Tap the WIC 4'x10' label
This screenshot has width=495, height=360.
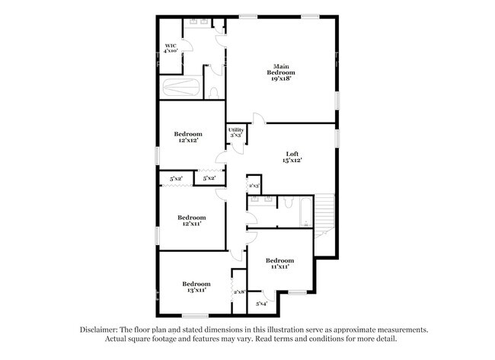pyautogui.click(x=171, y=49)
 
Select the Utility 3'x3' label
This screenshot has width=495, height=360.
pyautogui.click(x=236, y=132)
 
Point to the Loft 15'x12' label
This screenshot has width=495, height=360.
pyautogui.click(x=292, y=157)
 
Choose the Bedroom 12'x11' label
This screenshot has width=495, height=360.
pyautogui.click(x=192, y=221)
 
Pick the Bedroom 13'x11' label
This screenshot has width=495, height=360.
pyautogui.click(x=196, y=287)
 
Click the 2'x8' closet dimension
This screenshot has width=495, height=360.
pyautogui.click(x=238, y=292)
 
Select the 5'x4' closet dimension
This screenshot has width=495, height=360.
pyautogui.click(x=262, y=304)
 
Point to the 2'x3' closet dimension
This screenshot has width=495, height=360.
pyautogui.click(x=254, y=185)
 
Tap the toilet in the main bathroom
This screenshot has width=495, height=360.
pyautogui.click(x=213, y=92)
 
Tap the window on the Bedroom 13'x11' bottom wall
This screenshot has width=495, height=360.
pyautogui.click(x=195, y=315)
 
